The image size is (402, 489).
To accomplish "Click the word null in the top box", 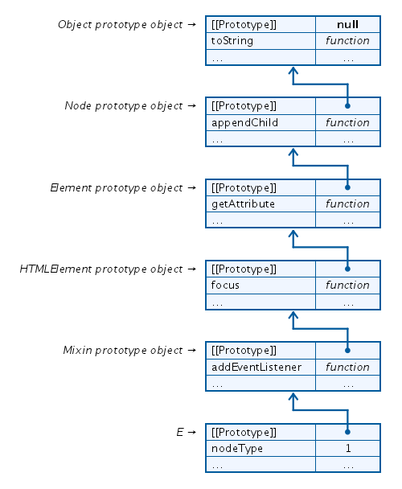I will coord(347,24).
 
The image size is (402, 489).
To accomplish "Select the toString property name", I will coord(232,41).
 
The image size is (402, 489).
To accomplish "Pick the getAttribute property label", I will coord(243,203).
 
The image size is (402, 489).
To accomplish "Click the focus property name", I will coord(225,285).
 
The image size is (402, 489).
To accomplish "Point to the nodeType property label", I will coord(236,448).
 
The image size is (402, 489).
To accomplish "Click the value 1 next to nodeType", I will coord(347,448).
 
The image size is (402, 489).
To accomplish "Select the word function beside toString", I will coord(347,41).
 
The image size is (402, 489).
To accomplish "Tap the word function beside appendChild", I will coord(347,122).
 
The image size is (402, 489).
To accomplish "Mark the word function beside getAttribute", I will coord(347,203).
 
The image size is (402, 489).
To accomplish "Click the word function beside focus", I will coord(347,285).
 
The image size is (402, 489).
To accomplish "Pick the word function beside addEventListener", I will coord(347,366).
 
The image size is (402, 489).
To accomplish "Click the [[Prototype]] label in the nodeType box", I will coord(243,432).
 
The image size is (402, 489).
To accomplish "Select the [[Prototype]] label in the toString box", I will coord(243,24).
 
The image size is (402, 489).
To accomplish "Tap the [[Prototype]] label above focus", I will coord(243,269).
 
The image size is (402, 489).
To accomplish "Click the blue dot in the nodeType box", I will coord(347,431).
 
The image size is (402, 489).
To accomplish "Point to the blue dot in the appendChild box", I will coord(347,105).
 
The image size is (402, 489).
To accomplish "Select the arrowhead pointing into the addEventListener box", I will coord(293,397).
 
